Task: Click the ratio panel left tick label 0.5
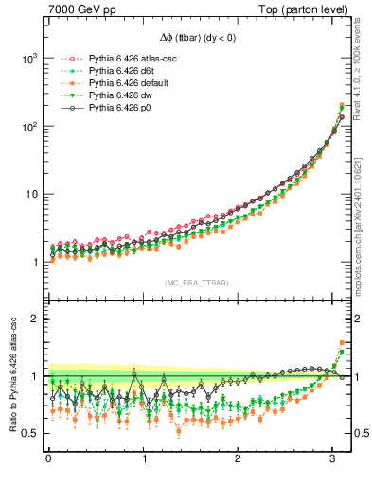coord(30,434)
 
